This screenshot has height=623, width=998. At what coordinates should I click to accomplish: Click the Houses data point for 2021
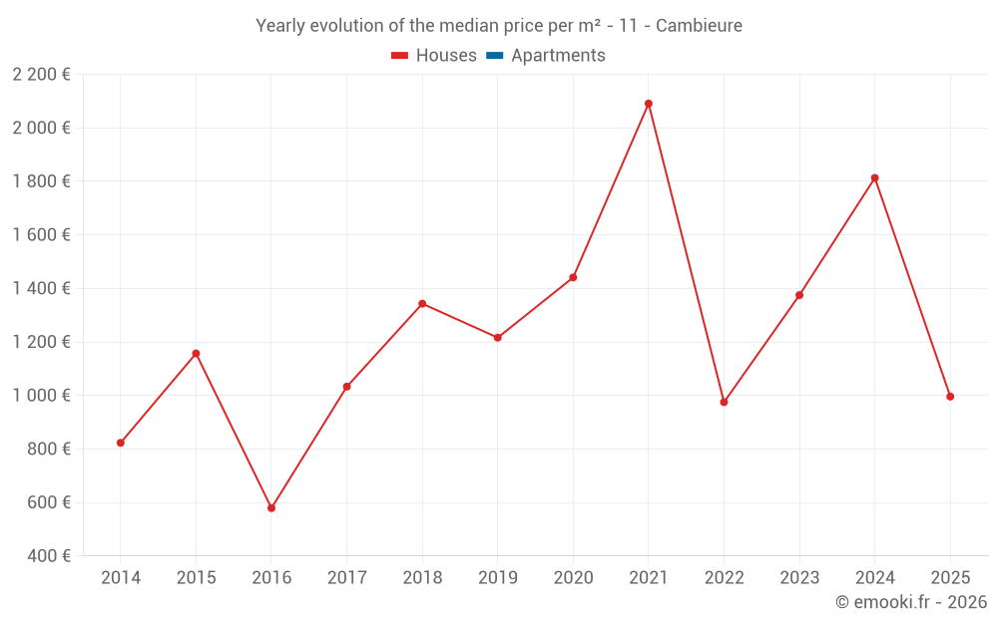[649, 104]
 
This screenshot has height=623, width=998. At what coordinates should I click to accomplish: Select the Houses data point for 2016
[271, 508]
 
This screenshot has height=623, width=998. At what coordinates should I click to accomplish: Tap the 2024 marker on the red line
[875, 178]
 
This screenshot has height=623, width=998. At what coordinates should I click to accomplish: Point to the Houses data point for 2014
[121, 443]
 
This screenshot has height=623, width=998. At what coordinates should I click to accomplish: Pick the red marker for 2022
[725, 402]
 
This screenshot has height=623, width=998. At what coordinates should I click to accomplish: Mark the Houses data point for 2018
[422, 304]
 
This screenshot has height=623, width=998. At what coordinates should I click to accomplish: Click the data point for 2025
[950, 397]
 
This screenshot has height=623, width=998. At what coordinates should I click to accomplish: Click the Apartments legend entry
[557, 56]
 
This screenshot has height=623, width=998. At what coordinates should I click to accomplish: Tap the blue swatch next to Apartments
[494, 56]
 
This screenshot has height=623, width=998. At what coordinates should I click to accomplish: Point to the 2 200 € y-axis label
[42, 75]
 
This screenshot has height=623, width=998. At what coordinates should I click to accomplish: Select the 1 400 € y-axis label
[42, 289]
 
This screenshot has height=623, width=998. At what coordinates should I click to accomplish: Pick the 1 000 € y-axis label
[42, 396]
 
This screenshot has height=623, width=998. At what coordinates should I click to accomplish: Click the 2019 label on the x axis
[498, 578]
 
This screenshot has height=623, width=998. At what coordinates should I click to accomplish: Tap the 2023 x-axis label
[799, 578]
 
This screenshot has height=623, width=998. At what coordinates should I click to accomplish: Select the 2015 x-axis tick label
[196, 578]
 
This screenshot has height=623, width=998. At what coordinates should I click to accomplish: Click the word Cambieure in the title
[700, 26]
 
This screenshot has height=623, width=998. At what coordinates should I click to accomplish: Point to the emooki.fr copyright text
[911, 602]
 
